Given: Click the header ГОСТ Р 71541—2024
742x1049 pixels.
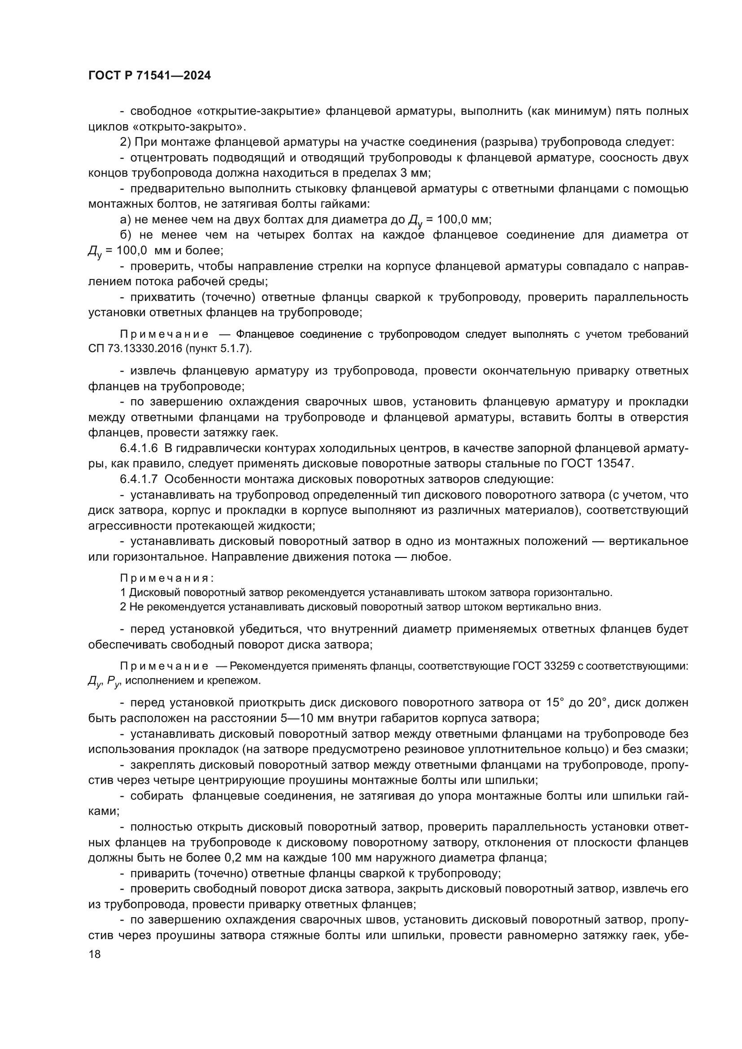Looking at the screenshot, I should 149,76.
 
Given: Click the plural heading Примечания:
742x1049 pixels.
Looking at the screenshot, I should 167,578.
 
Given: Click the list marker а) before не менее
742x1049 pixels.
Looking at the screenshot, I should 125,220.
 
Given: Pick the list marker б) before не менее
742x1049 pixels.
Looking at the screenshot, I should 125,235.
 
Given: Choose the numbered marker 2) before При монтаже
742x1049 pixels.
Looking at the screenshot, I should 125,142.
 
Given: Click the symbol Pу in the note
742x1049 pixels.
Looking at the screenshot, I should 113,681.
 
